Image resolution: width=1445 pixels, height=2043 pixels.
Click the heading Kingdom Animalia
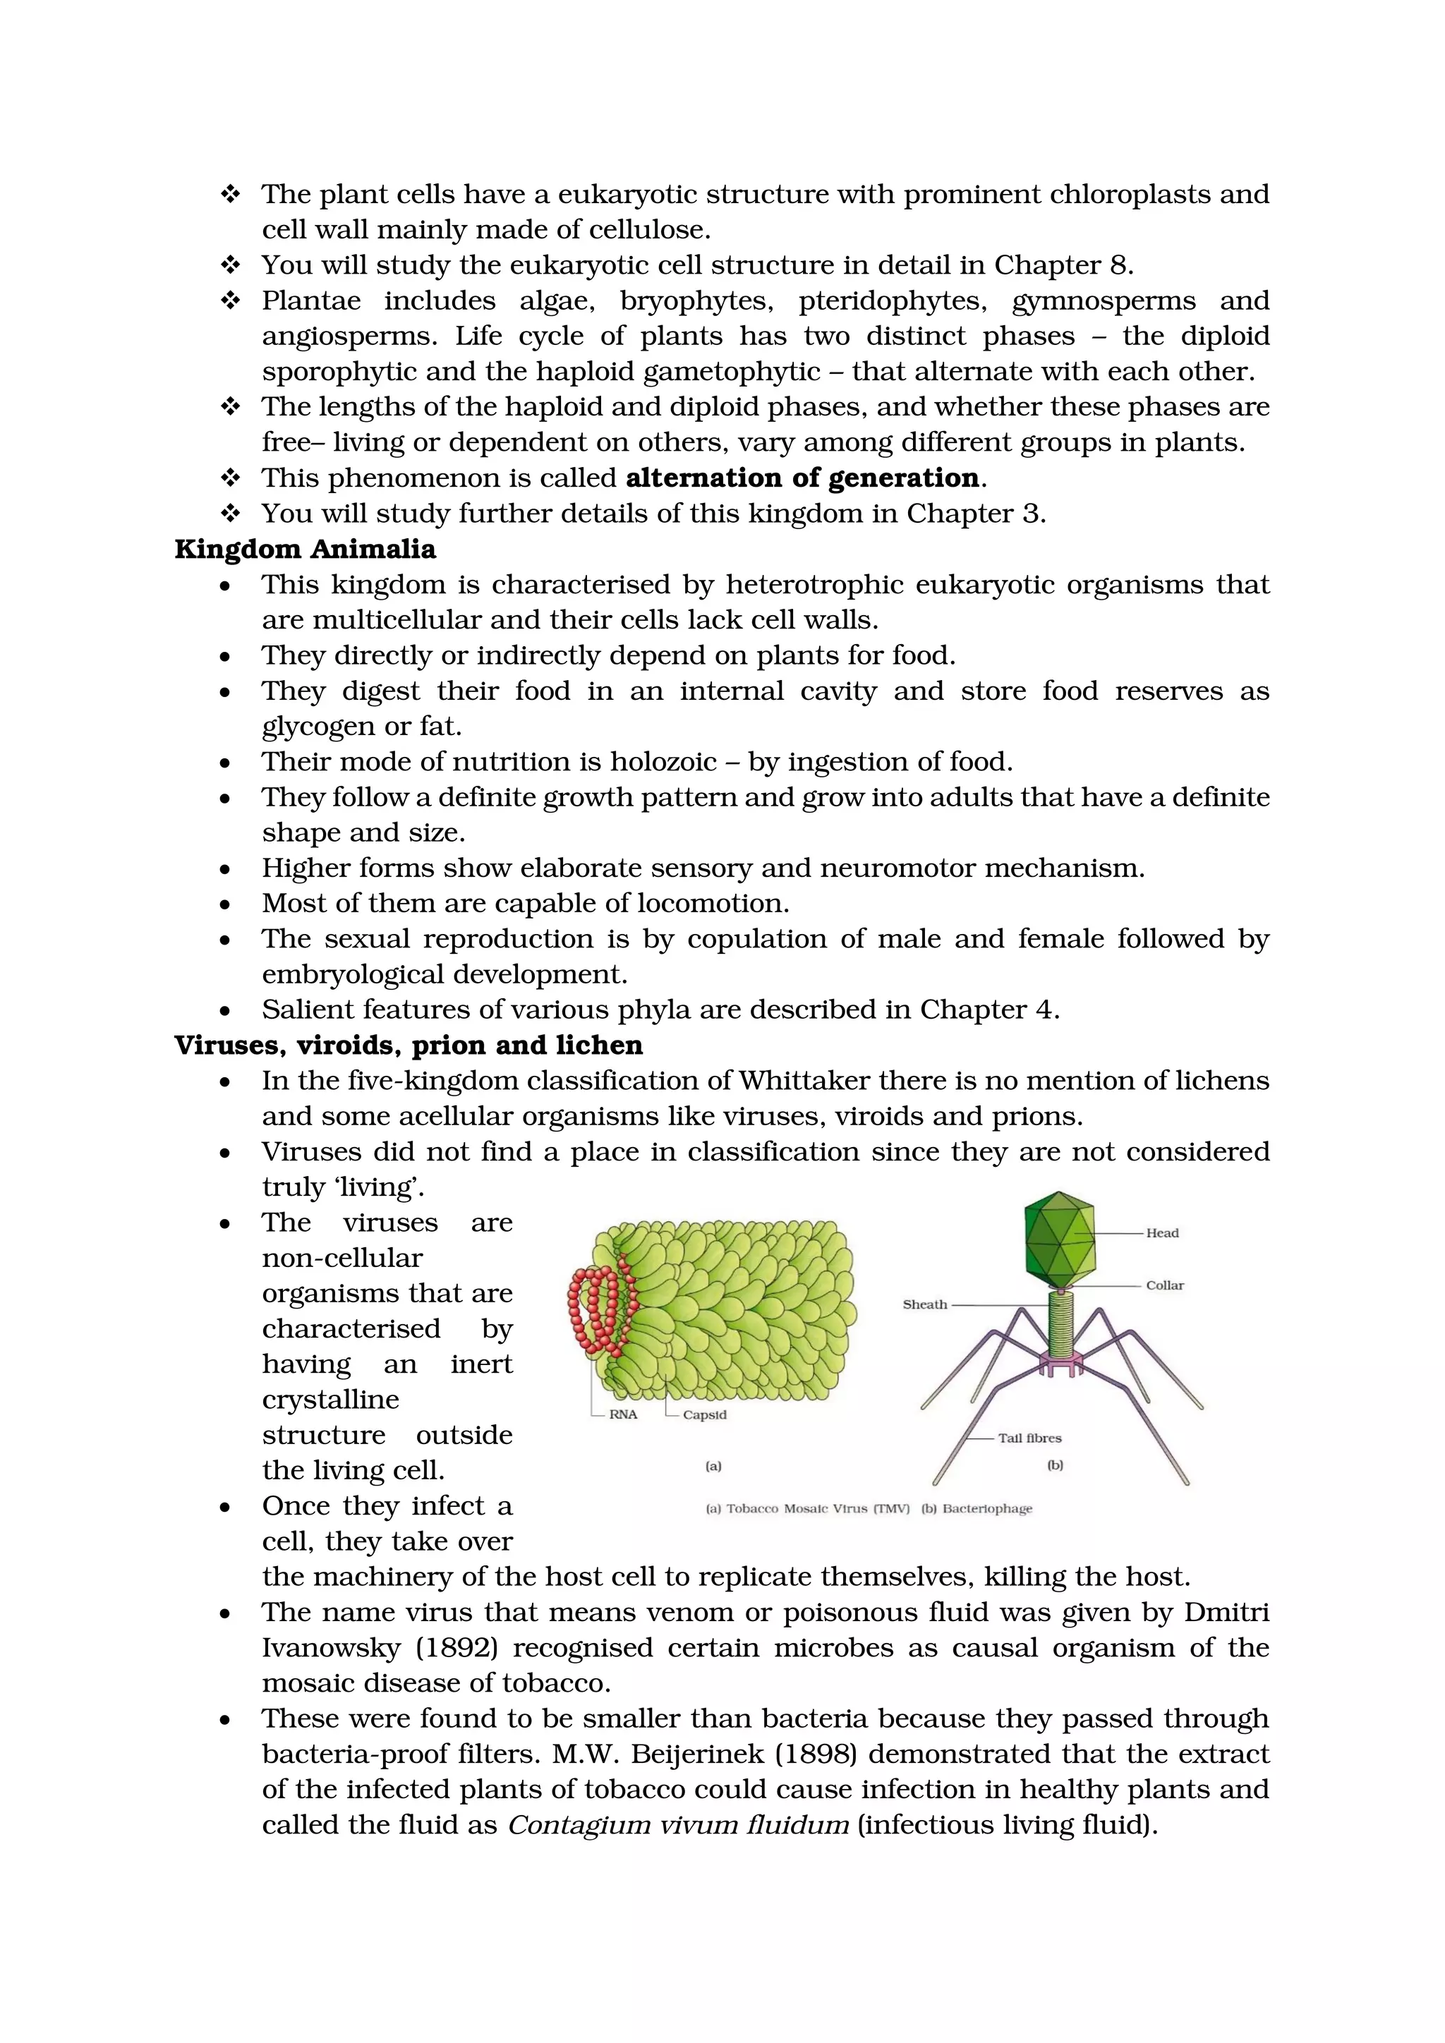[306, 549]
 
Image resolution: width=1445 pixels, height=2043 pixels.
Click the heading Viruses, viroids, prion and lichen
[409, 1045]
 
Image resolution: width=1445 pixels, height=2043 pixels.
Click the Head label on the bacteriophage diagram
[1161, 1233]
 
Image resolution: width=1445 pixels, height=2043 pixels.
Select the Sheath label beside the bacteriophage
[924, 1304]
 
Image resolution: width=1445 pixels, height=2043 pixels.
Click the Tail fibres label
[1029, 1438]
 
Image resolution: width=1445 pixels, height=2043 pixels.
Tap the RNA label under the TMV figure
[623, 1415]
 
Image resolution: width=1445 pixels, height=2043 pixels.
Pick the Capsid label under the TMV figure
[704, 1415]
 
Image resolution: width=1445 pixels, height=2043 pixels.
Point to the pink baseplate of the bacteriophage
[1058, 1362]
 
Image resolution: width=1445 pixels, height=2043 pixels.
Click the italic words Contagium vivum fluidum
[678, 1825]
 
